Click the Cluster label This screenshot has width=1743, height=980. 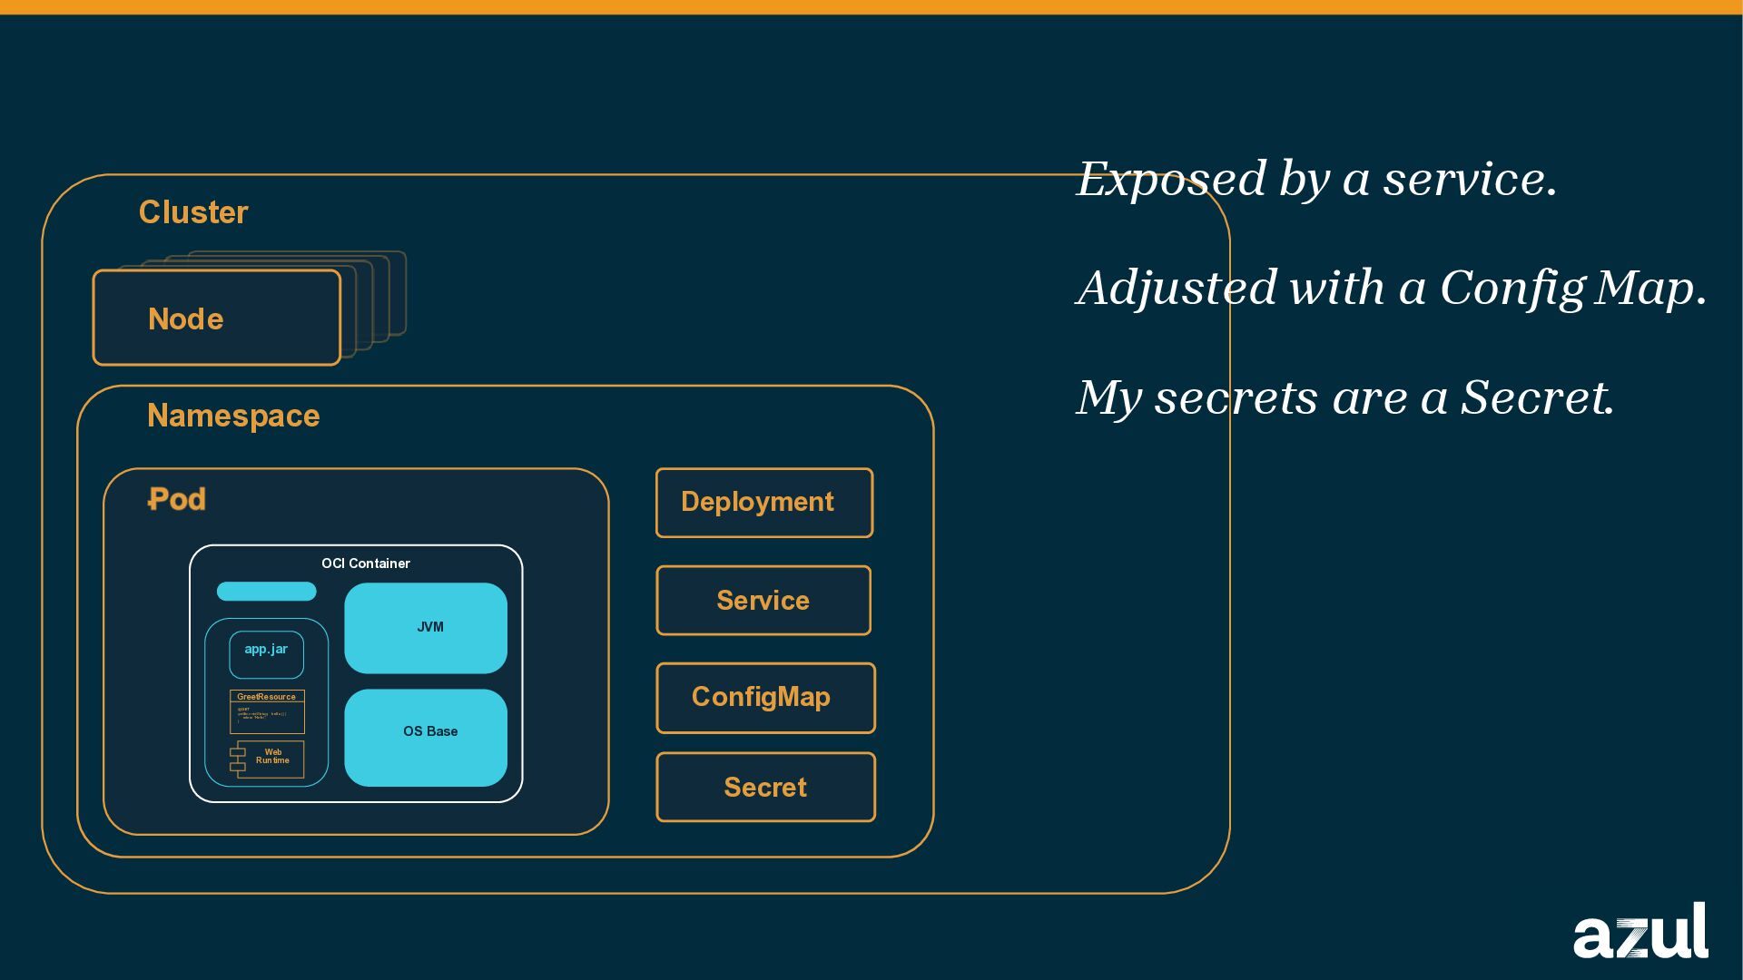click(x=193, y=212)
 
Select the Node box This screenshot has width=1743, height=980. click(x=217, y=318)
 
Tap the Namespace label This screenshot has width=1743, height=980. click(x=233, y=416)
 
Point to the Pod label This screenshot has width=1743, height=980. click(x=177, y=499)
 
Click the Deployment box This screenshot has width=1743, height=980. click(x=764, y=503)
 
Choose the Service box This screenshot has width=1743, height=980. click(x=763, y=601)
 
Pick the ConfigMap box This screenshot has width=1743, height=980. click(x=765, y=698)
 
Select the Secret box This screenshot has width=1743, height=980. click(x=765, y=788)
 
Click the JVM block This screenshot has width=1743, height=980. click(x=426, y=628)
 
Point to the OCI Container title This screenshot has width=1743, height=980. click(x=366, y=563)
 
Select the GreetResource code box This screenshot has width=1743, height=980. click(x=267, y=711)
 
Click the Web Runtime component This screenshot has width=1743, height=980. click(x=269, y=759)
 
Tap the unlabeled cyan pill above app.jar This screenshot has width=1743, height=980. click(x=266, y=592)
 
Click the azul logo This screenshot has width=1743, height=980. click(x=1640, y=932)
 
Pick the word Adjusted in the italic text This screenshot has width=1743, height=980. click(x=1177, y=289)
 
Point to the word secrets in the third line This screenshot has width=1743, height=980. click(x=1236, y=398)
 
